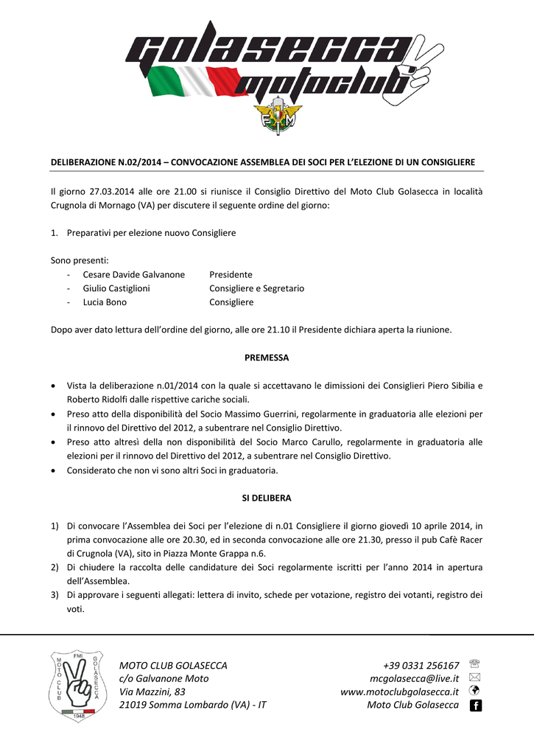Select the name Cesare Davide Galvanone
134,274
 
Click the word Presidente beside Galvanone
231,274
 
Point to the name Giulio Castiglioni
116,288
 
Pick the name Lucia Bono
105,302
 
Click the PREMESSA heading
267,358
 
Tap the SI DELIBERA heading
267,498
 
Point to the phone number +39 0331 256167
421,665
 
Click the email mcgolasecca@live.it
415,678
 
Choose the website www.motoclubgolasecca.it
400,692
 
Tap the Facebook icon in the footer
475,706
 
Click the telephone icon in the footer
474,664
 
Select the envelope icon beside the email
474,678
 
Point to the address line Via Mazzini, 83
152,692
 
